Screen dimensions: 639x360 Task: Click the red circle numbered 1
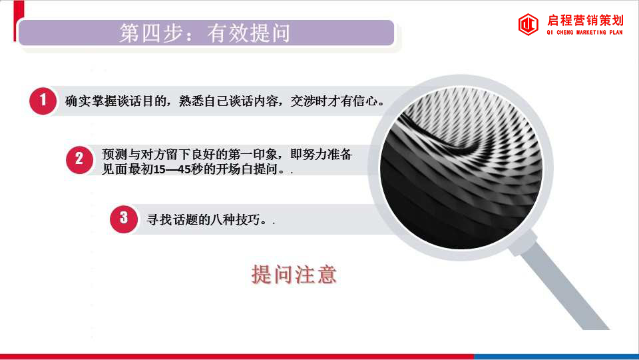coord(43,101)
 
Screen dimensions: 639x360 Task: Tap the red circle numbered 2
coord(79,160)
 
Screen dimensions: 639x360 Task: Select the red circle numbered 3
coord(124,219)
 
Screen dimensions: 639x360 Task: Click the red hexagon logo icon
coord(528,25)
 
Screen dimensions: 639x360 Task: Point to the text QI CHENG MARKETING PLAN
coord(585,32)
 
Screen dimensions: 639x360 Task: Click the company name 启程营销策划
coord(585,21)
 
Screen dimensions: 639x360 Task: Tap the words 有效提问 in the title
coord(248,33)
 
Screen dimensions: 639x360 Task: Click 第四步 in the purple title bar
coord(151,33)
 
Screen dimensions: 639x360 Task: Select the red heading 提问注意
coord(294,274)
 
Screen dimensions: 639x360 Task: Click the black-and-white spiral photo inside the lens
coord(461,167)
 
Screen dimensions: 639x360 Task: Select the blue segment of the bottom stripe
coord(556,357)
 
